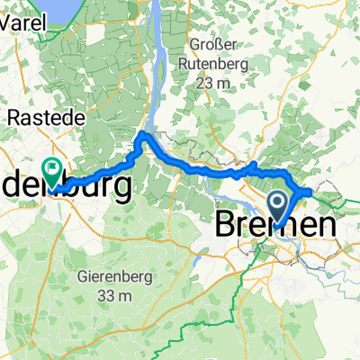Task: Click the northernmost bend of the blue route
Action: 142,135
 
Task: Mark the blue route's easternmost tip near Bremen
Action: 311,191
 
